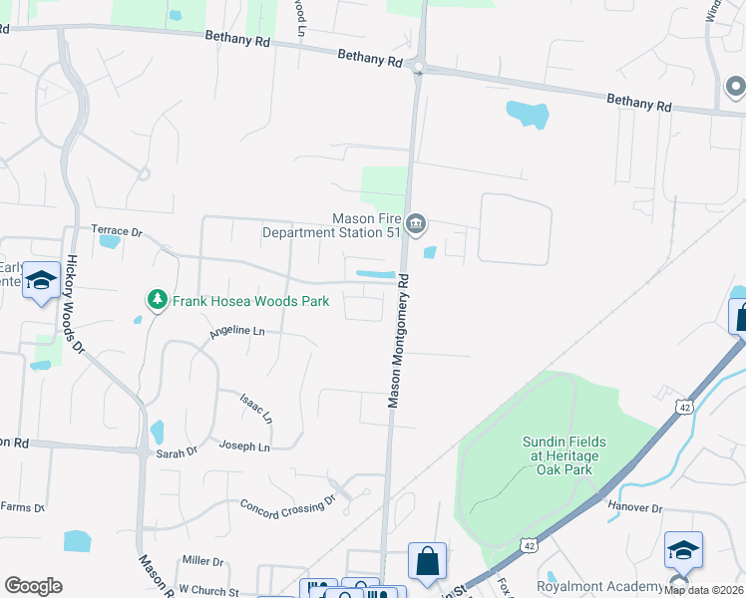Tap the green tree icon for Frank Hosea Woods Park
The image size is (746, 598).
tap(156, 299)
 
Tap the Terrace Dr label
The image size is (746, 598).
tap(118, 231)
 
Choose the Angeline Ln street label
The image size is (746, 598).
tap(237, 331)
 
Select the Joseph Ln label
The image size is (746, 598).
tap(244, 447)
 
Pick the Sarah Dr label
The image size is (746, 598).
tap(178, 450)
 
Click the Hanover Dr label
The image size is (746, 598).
tap(635, 507)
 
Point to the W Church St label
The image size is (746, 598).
tap(208, 591)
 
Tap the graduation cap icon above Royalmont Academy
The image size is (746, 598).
tap(683, 550)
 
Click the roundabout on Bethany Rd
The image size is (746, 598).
tap(419, 68)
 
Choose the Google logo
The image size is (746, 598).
tap(34, 585)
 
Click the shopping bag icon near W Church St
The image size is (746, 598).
tap(427, 560)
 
